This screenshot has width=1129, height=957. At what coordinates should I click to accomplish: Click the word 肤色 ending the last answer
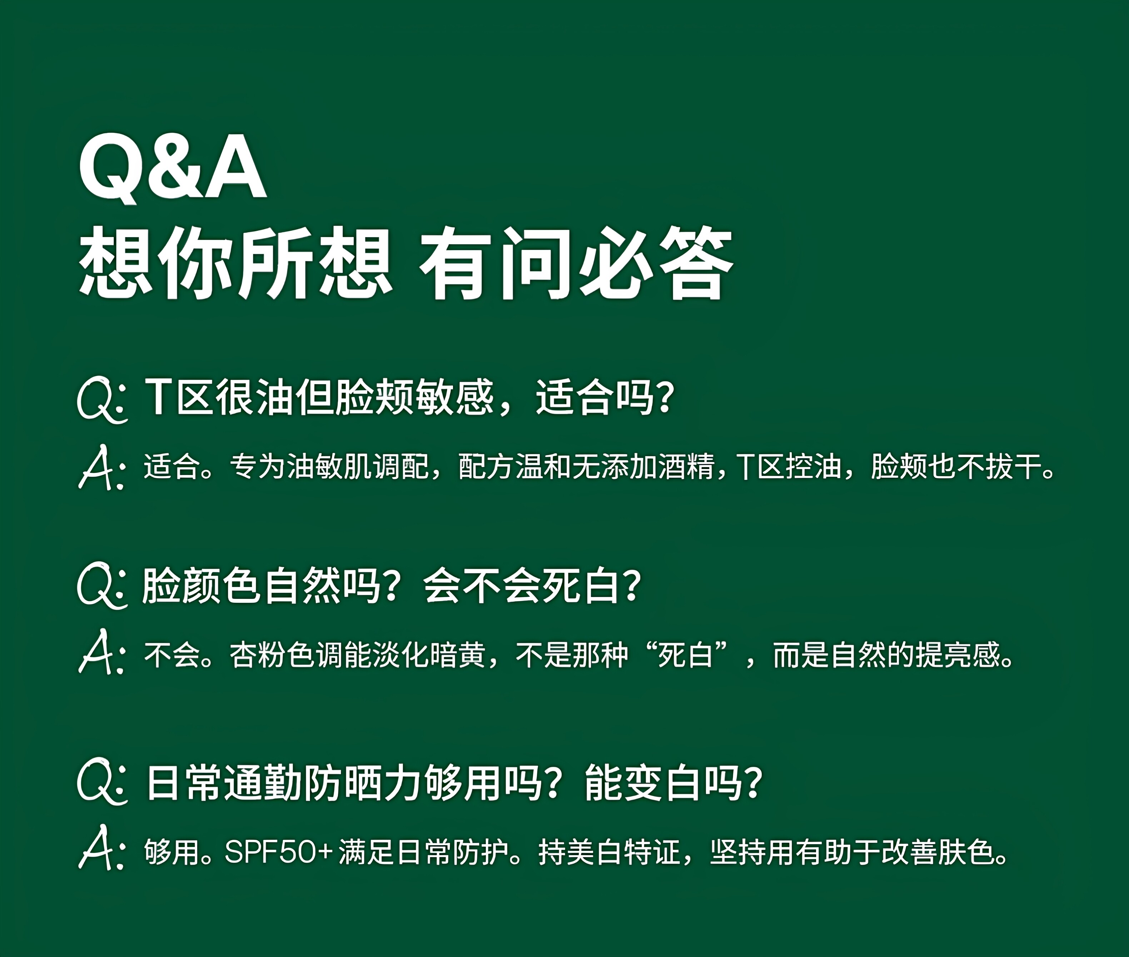(x=964, y=852)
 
